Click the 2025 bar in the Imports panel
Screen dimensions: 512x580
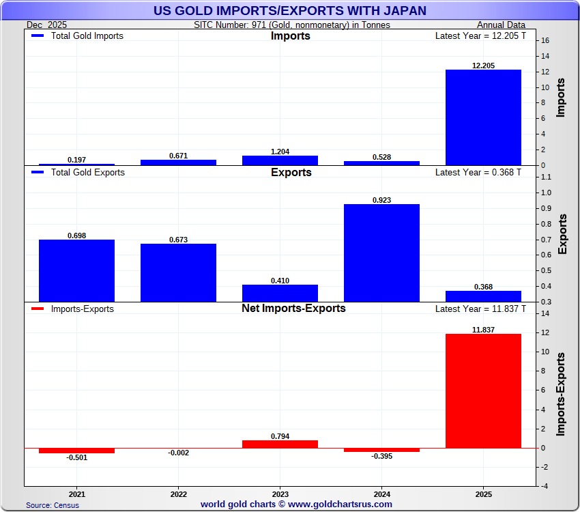click(x=483, y=117)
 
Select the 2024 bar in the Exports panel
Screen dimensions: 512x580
click(x=381, y=253)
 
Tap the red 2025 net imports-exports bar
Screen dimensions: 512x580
click(x=483, y=390)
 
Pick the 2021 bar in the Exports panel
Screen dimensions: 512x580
click(x=76, y=270)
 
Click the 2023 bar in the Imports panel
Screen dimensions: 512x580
click(x=280, y=160)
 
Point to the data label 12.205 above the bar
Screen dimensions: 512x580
click(x=483, y=66)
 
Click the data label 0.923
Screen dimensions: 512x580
click(x=381, y=200)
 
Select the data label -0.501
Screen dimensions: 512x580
click(x=76, y=457)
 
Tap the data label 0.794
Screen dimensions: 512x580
click(x=280, y=436)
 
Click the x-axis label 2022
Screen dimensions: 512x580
click(x=178, y=493)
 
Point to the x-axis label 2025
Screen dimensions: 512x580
click(x=483, y=493)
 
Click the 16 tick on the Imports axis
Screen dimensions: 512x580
click(x=545, y=40)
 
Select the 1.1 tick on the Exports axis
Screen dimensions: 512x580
click(x=545, y=177)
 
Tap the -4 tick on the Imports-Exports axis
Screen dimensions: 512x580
click(x=544, y=486)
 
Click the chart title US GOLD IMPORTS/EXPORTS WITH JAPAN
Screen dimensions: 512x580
click(x=290, y=10)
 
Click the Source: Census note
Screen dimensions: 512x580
click(x=53, y=505)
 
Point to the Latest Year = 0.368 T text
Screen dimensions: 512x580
click(x=478, y=173)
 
